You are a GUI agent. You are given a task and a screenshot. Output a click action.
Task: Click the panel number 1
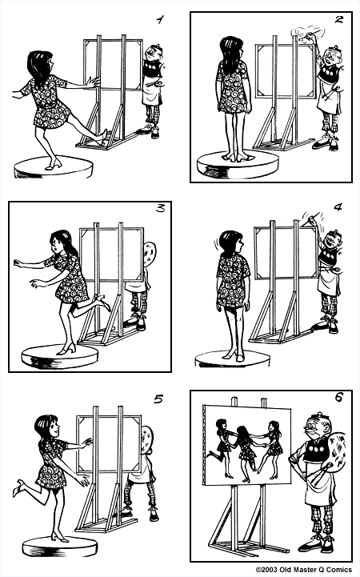[x=160, y=17]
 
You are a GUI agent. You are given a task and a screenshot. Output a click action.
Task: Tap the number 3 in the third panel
[x=160, y=210]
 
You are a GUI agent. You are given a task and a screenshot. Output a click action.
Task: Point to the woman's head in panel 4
[x=230, y=243]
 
